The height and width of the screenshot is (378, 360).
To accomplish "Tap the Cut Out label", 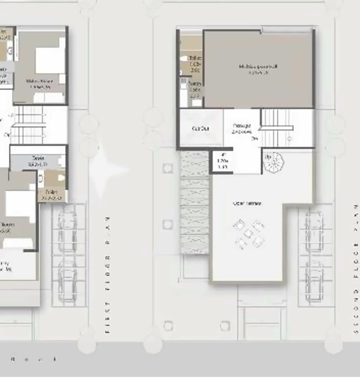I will pyautogui.click(x=200, y=128).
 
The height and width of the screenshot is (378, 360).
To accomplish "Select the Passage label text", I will pyautogui.click(x=242, y=128).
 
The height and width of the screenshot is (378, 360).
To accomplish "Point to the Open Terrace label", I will pyautogui.click(x=247, y=203).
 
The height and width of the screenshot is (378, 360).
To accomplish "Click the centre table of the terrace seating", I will pyautogui.click(x=249, y=233).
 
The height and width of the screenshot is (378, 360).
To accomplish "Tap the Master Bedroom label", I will pyautogui.click(x=40, y=84).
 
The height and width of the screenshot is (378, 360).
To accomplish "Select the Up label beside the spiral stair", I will pyautogui.click(x=268, y=157).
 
